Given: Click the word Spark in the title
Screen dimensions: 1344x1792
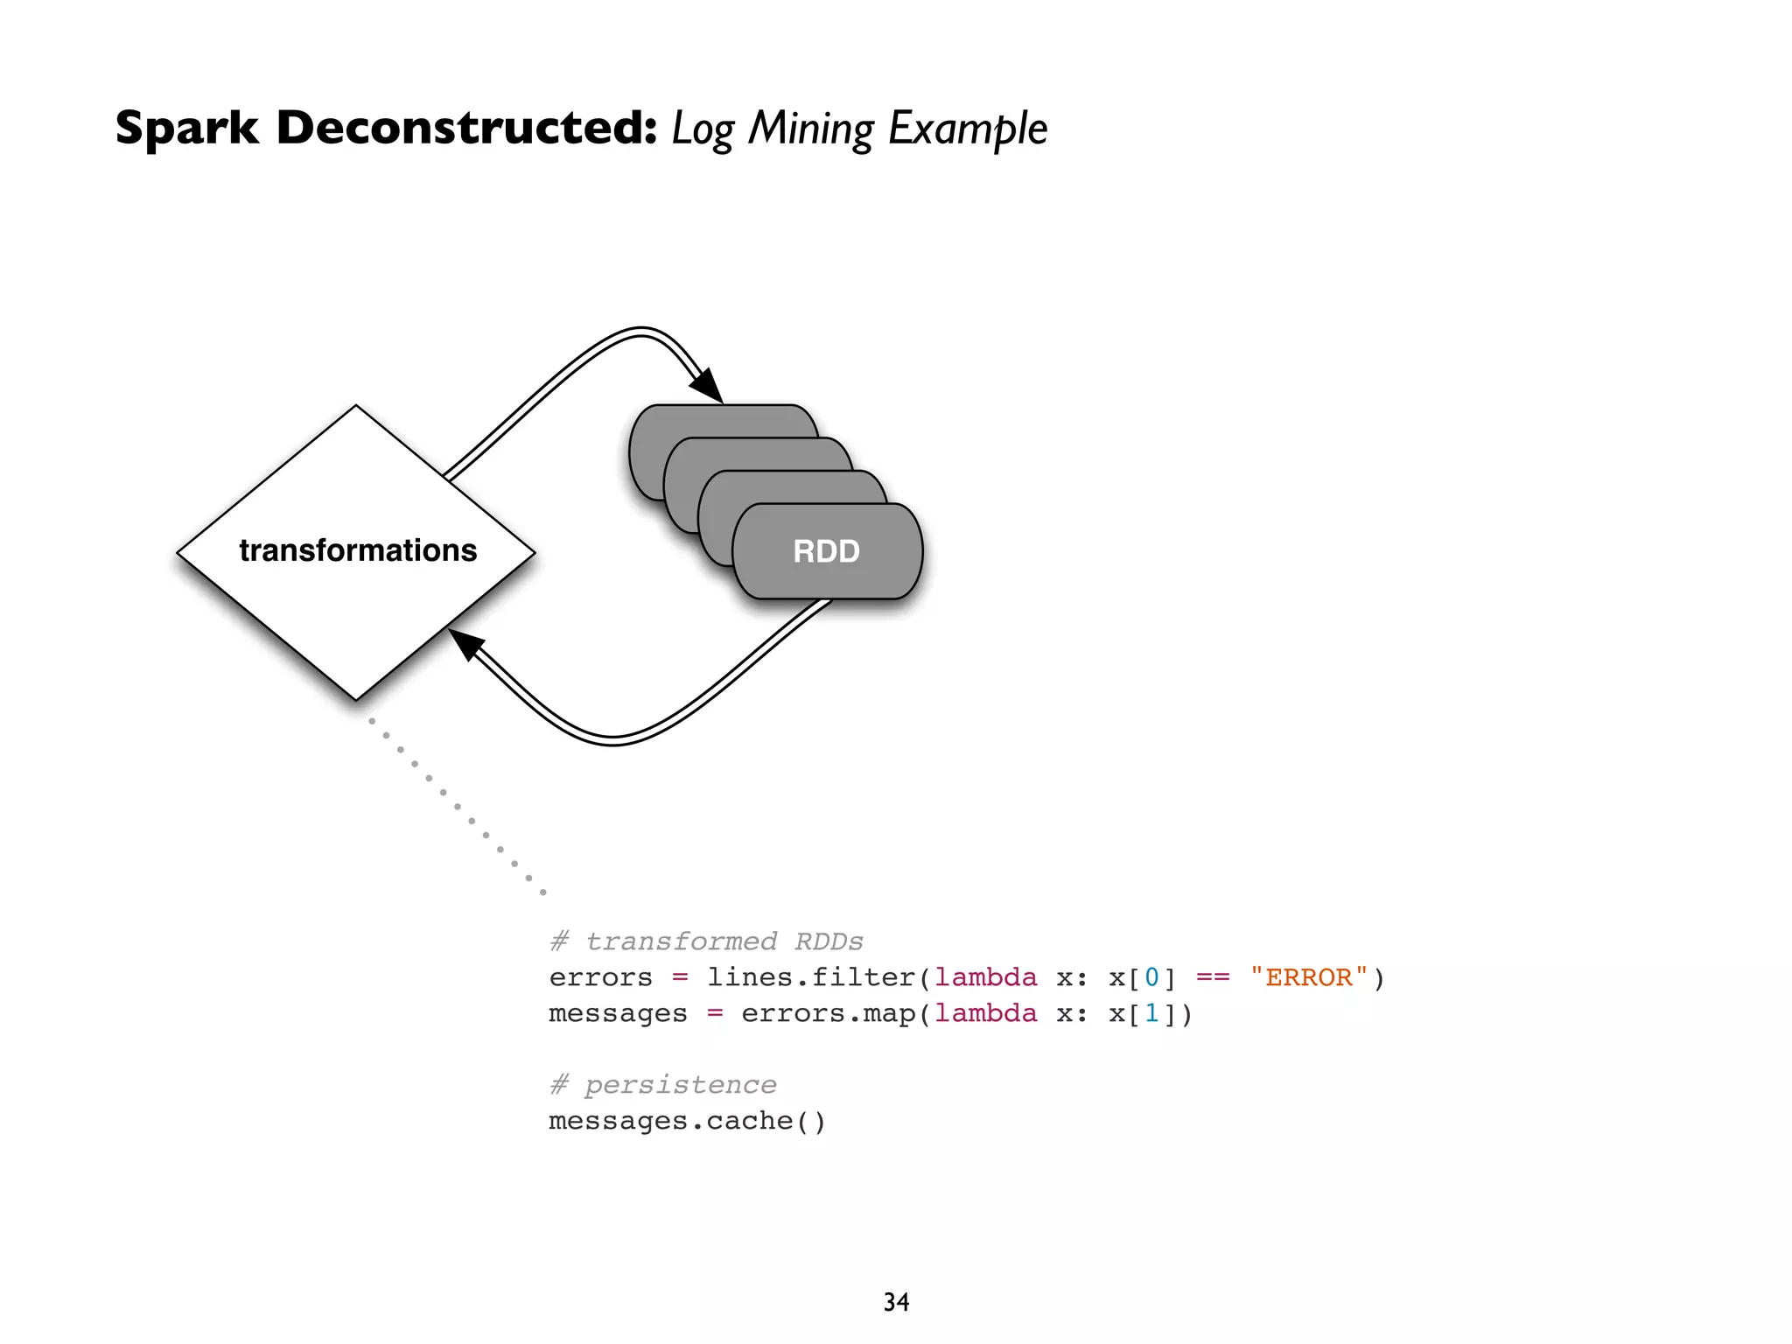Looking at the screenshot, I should tap(186, 129).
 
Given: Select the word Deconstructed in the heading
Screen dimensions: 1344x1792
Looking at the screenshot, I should tap(465, 129).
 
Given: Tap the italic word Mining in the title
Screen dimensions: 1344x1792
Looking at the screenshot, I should tap(810, 129).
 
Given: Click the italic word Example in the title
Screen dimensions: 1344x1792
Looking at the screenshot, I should tap(968, 129).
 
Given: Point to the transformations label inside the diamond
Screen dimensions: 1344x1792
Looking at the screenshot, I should tap(358, 550).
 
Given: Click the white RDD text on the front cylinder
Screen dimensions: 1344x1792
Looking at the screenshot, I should tap(826, 551).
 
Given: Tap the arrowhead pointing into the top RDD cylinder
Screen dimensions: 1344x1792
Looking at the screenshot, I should tap(707, 386).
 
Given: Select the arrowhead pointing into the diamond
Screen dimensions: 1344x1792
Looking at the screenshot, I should tap(466, 644).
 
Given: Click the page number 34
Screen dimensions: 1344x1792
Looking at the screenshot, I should tap(896, 1302).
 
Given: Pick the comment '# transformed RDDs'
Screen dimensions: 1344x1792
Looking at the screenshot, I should tap(706, 941).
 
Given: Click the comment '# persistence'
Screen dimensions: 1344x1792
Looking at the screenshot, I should tap(662, 1085).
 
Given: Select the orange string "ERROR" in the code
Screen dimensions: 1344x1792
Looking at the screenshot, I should tap(1308, 977).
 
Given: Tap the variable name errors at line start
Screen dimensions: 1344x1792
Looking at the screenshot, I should tap(600, 977).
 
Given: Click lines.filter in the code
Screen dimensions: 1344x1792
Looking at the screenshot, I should tap(810, 977).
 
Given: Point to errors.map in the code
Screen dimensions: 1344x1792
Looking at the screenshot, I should tap(828, 1013).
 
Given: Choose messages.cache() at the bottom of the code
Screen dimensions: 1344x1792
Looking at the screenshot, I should tap(687, 1121).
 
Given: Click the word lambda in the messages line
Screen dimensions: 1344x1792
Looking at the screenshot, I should tap(985, 1013).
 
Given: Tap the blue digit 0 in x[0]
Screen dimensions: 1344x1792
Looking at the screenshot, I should tap(1151, 977).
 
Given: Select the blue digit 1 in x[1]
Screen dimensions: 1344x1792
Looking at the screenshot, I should tap(1151, 1013).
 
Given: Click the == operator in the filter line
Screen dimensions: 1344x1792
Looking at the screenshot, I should tap(1213, 977).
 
